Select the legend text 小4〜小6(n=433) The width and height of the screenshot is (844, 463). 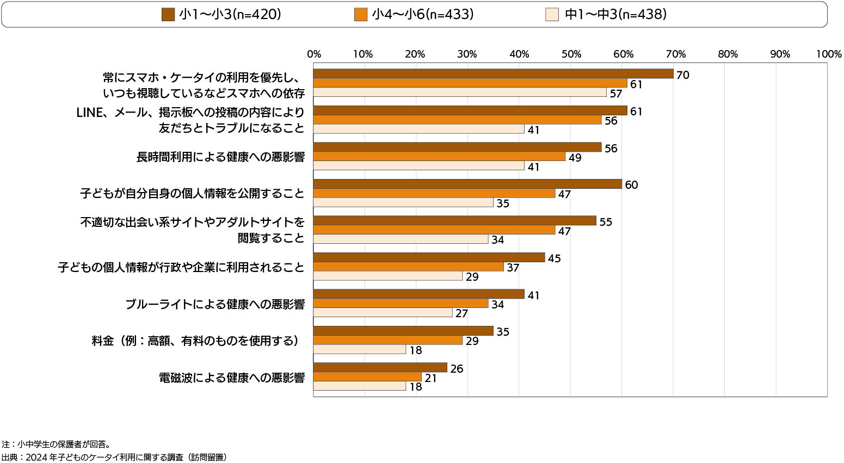[423, 15]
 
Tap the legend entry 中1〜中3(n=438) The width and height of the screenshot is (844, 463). [615, 15]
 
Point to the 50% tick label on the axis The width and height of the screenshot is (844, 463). [571, 54]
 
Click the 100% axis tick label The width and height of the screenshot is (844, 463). [829, 54]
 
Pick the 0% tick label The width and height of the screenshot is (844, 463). [314, 54]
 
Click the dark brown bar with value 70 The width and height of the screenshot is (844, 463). [493, 74]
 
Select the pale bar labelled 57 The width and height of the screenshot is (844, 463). [460, 92]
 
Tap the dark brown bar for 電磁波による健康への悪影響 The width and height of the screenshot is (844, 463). [380, 368]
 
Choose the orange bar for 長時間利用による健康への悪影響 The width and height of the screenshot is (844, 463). [440, 157]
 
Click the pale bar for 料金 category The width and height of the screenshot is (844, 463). [360, 349]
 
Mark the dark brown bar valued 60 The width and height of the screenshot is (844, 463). [467, 184]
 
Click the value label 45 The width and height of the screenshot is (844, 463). [554, 258]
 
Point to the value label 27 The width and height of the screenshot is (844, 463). [461, 314]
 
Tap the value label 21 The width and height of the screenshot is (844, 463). [430, 378]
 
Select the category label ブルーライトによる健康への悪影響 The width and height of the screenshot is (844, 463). [214, 304]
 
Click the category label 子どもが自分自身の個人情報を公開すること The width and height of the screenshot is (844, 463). [192, 194]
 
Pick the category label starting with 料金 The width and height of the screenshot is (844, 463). [196, 341]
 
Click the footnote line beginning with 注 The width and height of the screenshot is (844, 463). [57, 444]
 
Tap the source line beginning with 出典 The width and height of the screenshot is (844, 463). [114, 457]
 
